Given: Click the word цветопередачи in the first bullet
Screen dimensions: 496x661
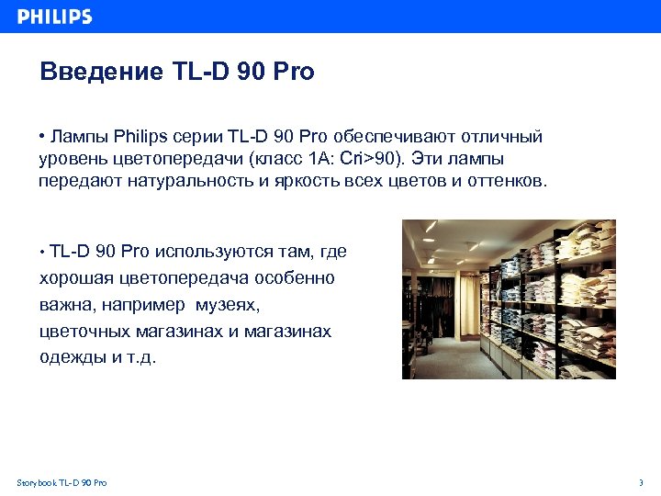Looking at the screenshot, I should [x=169, y=159].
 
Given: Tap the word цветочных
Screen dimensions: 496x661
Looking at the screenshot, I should [x=83, y=331].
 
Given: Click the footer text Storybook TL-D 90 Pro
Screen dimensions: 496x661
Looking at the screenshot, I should [x=62, y=482].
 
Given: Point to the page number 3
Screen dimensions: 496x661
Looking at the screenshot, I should [x=640, y=482].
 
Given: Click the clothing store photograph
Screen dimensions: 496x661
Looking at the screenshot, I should [x=509, y=299].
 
